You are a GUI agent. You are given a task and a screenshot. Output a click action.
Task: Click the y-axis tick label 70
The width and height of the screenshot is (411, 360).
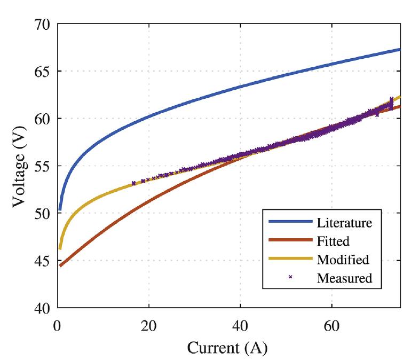coord(40,25)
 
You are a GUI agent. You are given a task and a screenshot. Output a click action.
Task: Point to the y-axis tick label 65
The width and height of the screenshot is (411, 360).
coord(40,72)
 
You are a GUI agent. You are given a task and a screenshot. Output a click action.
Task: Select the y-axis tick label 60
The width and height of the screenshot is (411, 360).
coord(40,119)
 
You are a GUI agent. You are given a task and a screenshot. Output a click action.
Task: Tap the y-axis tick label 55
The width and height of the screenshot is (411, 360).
coord(40,166)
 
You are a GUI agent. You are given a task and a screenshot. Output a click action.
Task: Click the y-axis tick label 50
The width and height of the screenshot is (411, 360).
coord(40,213)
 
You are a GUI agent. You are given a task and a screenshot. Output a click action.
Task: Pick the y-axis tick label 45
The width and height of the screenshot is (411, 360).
coord(40,261)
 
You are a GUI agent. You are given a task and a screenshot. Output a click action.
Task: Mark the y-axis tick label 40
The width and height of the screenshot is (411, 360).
coord(40,308)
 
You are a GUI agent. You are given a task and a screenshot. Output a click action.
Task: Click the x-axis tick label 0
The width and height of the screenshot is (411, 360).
coord(58,324)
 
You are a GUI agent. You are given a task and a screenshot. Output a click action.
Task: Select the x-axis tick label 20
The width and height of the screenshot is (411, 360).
coord(149,324)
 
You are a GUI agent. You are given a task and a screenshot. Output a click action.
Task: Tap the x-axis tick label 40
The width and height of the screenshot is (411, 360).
coord(240,324)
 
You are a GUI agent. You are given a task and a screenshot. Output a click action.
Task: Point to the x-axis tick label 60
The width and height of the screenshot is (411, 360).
coord(331,324)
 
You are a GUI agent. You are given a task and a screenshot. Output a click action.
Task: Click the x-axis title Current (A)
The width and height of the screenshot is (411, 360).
coord(227,348)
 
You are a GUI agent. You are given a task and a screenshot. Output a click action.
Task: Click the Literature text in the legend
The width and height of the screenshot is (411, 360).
coord(344,222)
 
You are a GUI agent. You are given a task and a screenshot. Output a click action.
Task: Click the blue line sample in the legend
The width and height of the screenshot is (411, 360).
coord(290,222)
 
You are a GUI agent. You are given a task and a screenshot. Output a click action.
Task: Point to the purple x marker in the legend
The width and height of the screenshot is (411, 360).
coord(290,277)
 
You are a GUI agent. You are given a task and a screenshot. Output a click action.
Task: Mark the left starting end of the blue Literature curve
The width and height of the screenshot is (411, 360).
coord(60,209)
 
